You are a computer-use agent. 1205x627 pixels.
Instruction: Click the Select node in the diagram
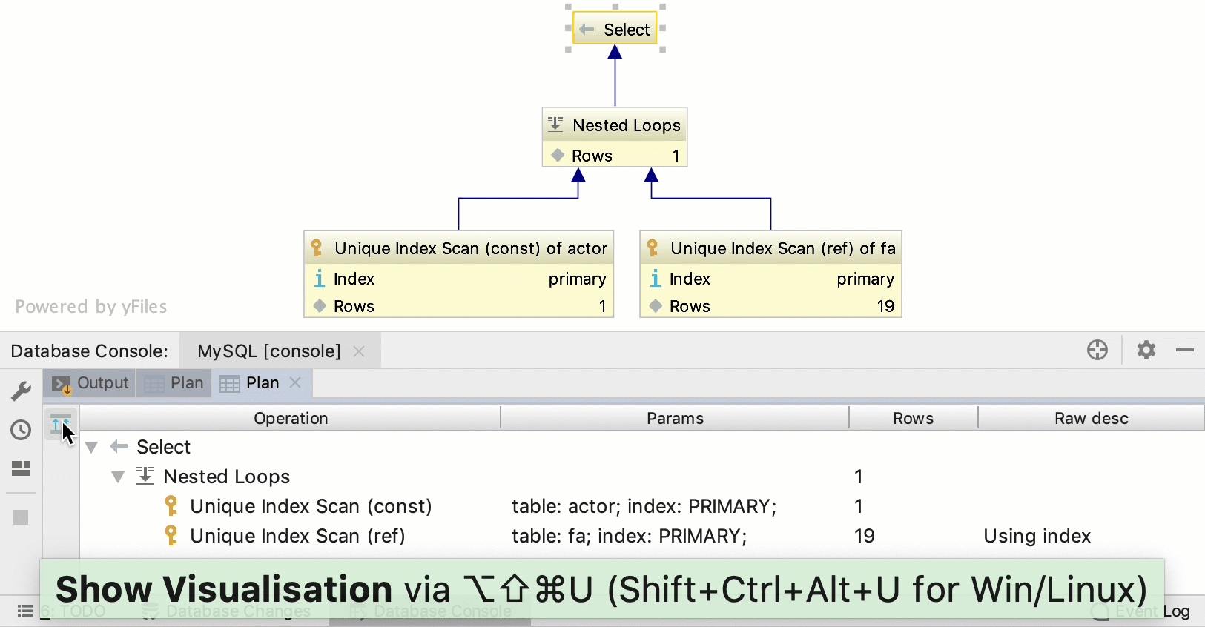(x=615, y=29)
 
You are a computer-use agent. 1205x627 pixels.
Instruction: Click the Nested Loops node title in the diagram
(x=626, y=125)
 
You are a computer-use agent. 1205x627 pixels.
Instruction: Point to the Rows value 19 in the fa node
(x=885, y=306)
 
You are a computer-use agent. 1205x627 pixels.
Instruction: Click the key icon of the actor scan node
(x=317, y=248)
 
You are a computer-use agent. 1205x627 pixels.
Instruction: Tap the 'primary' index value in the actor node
(x=577, y=279)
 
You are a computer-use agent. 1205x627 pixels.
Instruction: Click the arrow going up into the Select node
(x=615, y=74)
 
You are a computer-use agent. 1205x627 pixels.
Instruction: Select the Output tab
(x=90, y=383)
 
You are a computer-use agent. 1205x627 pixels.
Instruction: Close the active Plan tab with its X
(x=295, y=382)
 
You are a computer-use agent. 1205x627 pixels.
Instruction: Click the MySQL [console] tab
(x=269, y=351)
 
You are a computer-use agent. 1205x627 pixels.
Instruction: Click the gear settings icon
(x=1146, y=350)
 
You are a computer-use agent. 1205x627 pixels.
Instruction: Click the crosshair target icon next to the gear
(x=1097, y=350)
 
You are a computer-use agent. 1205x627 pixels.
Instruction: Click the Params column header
(x=675, y=418)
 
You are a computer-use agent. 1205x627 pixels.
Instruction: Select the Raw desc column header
(x=1091, y=418)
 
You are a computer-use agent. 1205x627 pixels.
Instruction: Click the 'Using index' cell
(x=1037, y=536)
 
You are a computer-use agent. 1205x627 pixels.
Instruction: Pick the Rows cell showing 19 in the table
(x=865, y=536)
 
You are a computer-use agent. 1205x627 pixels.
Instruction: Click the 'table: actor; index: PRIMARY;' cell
(x=644, y=506)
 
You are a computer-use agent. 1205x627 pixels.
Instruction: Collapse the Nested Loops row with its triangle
(x=118, y=477)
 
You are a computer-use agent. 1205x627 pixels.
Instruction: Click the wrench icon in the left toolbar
(x=21, y=391)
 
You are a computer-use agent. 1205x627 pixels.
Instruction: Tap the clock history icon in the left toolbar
(x=21, y=430)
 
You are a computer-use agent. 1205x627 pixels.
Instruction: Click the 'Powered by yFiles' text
(x=91, y=306)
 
